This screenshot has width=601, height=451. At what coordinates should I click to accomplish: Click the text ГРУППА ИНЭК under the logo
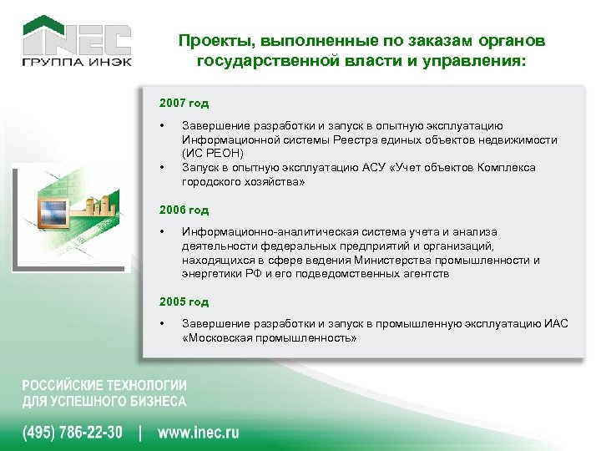[76, 63]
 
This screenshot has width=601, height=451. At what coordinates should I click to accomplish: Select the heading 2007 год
[184, 104]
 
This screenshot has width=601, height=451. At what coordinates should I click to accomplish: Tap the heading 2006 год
[184, 210]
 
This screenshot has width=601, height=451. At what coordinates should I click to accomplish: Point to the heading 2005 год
[184, 302]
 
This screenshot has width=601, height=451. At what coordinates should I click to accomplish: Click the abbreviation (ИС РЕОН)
[212, 154]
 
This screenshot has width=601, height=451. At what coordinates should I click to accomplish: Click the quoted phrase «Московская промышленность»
[270, 338]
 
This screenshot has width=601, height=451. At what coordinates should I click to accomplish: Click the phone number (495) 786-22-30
[72, 432]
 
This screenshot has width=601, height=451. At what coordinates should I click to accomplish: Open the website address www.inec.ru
[198, 432]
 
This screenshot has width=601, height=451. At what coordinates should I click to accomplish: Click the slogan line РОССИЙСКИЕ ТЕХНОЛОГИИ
[104, 386]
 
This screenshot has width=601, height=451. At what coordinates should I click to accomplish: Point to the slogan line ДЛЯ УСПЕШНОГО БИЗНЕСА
[104, 401]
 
